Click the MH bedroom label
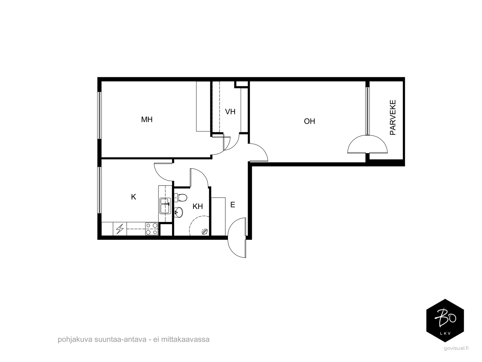147,119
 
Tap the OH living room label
309,121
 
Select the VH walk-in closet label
230,112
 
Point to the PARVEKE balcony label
393,117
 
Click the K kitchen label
133,197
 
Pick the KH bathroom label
198,206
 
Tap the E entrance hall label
233,205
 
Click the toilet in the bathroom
180,197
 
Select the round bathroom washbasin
179,212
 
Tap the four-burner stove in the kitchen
152,229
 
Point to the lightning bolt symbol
120,229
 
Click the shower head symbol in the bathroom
204,232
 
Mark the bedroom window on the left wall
99,116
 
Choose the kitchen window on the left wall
99,190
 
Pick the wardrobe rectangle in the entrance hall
218,217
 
